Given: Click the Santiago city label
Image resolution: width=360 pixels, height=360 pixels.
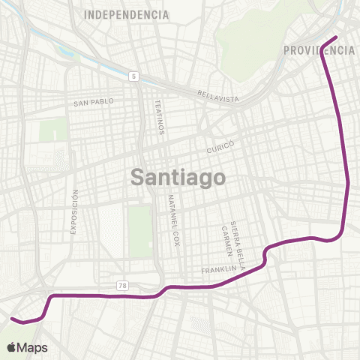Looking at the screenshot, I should [x=178, y=178].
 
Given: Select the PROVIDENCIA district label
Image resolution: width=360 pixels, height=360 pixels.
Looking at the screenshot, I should [x=319, y=50].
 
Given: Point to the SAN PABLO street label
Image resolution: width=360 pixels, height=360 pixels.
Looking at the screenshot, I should [x=92, y=103].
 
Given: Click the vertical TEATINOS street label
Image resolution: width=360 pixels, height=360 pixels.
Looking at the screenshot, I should [x=159, y=116].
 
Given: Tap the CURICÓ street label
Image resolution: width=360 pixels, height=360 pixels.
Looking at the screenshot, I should [x=221, y=146].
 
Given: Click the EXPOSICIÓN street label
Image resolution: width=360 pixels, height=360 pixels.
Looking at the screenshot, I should [x=74, y=211].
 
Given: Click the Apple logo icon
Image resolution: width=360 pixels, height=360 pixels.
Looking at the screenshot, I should [x=13, y=347].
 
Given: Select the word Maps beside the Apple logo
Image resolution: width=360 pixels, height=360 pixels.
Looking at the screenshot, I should [x=33, y=347].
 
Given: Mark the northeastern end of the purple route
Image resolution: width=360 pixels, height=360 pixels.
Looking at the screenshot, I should [x=335, y=37].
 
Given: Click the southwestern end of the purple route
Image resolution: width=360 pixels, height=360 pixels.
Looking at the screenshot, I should [x=12, y=319].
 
